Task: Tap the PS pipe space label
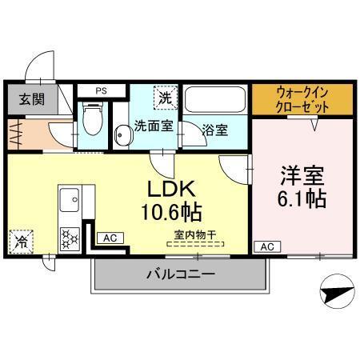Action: pos(102,90)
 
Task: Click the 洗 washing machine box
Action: pos(164,100)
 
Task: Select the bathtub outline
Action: pos(216,102)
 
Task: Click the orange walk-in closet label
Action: pos(302,98)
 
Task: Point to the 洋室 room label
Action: pos(301,174)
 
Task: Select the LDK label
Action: pos(170,189)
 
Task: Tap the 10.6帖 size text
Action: pos(170,213)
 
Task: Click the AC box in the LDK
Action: pos(109,238)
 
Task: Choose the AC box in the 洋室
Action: pos(266,246)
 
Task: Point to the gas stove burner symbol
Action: pos(70,237)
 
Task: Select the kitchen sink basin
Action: pos(67,197)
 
